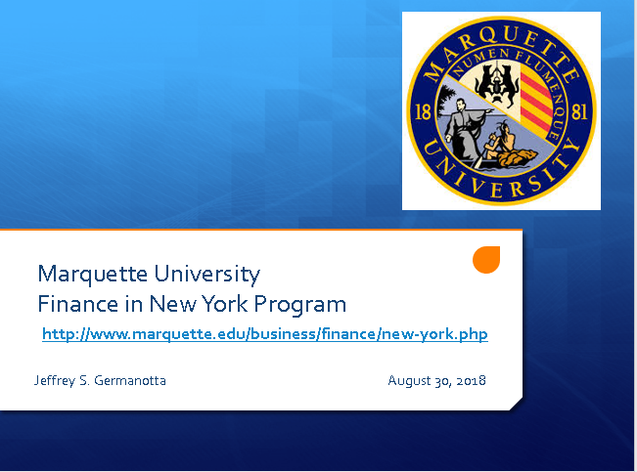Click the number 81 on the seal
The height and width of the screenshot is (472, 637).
[x=579, y=111]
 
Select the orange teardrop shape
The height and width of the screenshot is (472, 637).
[x=486, y=259]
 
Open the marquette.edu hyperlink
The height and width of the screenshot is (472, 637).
[x=264, y=334]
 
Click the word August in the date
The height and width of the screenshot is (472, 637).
[x=410, y=380]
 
